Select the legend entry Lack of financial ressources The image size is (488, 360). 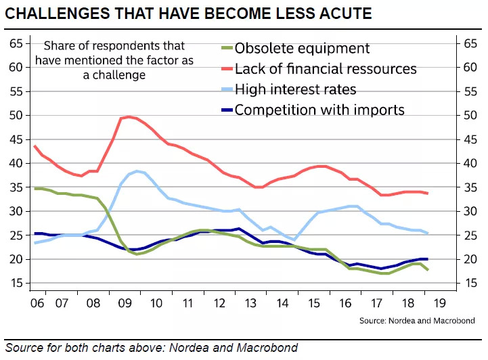(325, 68)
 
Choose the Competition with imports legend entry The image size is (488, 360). (319, 110)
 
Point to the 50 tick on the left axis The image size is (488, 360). (17, 115)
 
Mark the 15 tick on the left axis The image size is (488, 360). (17, 283)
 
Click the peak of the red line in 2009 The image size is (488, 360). (129, 116)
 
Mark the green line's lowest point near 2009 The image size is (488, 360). (137, 254)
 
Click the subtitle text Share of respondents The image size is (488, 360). (114, 46)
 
